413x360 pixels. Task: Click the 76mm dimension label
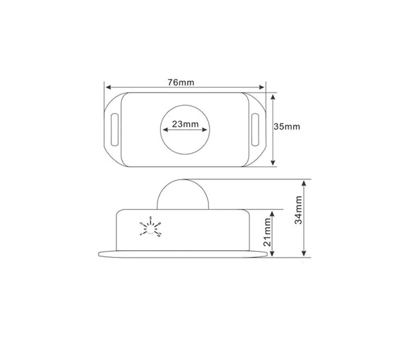click(x=181, y=82)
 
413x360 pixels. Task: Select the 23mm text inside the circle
click(x=185, y=124)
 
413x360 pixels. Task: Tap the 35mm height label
click(x=287, y=127)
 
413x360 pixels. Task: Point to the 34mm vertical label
click(x=299, y=210)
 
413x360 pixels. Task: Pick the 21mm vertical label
click(x=267, y=232)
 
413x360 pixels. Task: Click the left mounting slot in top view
click(x=114, y=130)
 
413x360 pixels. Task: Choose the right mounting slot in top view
click(x=255, y=130)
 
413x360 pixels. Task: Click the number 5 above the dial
click(x=150, y=217)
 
